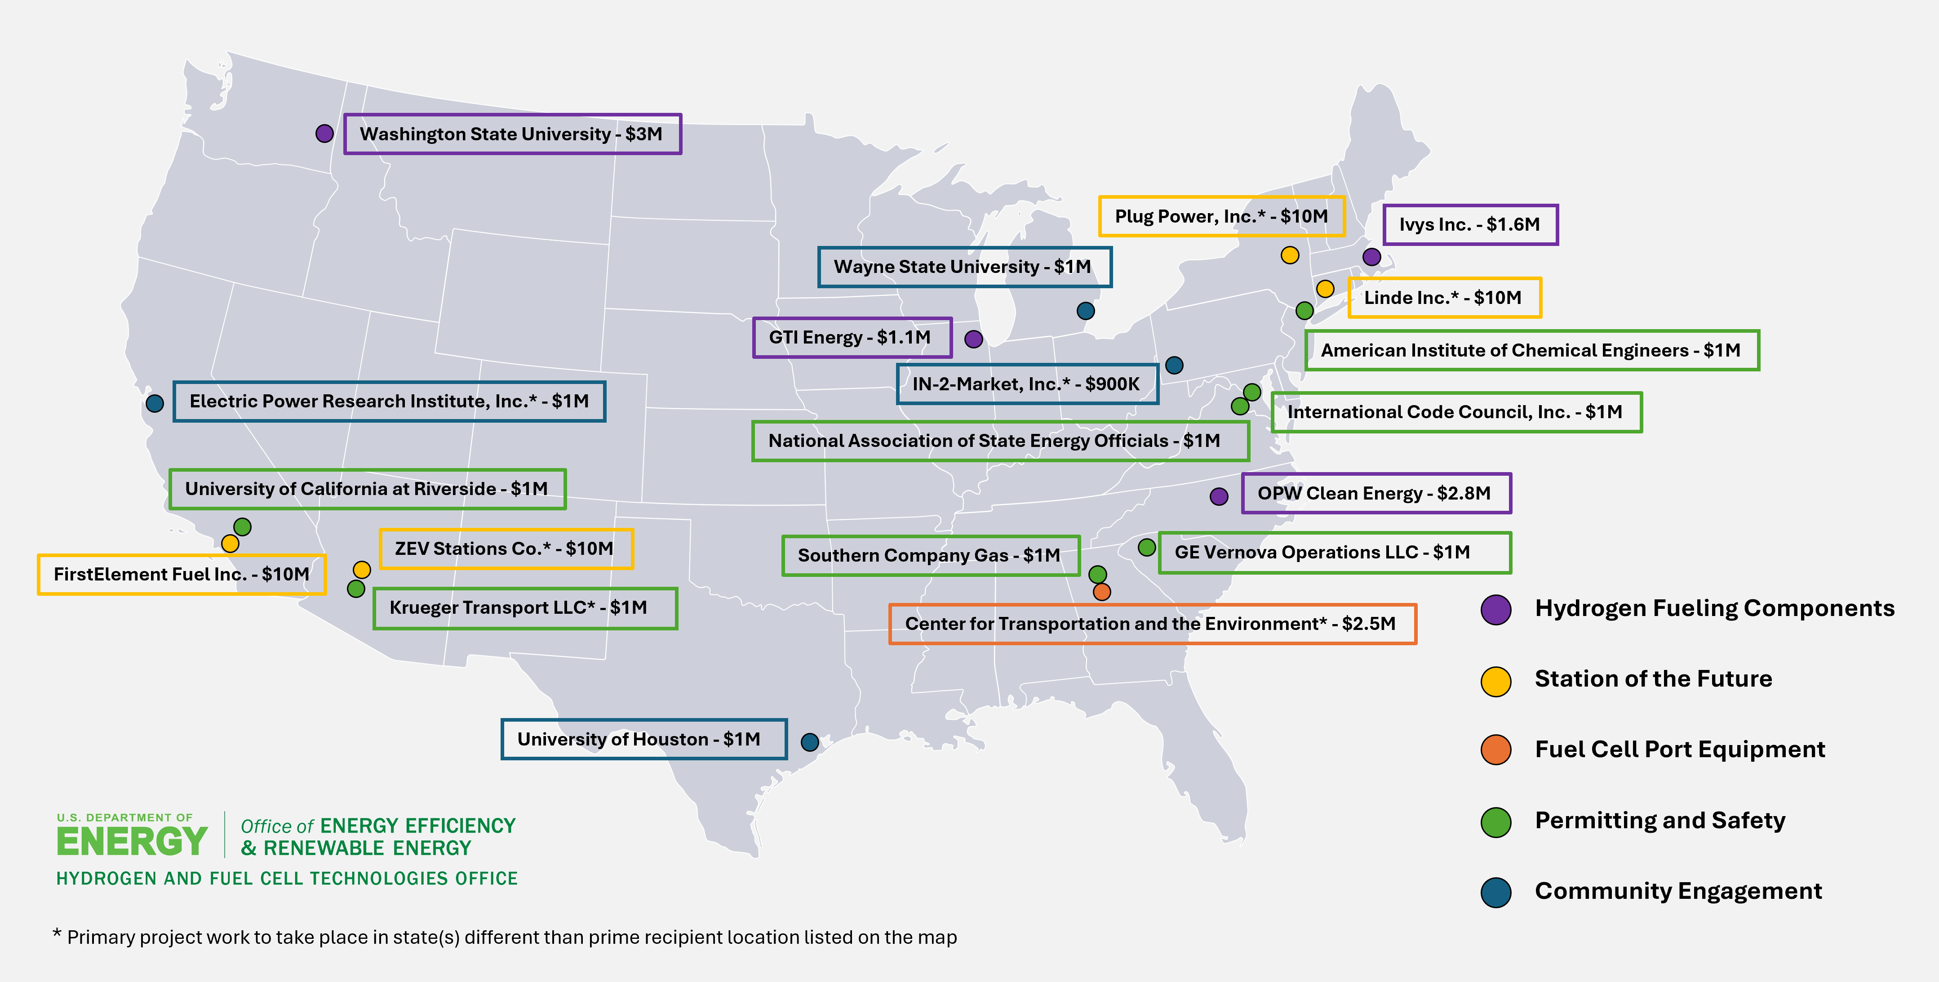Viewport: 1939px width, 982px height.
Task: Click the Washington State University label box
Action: pyautogui.click(x=512, y=134)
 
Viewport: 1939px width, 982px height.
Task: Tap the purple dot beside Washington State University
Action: pyautogui.click(x=324, y=133)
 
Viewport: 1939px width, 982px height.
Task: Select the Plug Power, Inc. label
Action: pyautogui.click(x=1221, y=216)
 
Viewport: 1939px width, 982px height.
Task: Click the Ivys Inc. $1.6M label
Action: pyautogui.click(x=1469, y=224)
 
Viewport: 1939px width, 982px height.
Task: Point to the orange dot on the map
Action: pyautogui.click(x=1101, y=592)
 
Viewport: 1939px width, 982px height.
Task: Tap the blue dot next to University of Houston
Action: pyautogui.click(x=809, y=742)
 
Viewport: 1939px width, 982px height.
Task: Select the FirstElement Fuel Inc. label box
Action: pyautogui.click(x=182, y=575)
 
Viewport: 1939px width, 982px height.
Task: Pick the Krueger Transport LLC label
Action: pyautogui.click(x=525, y=608)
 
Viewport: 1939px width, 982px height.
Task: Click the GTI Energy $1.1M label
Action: pyautogui.click(x=852, y=337)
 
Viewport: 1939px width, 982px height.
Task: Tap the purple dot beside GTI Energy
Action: pyautogui.click(x=973, y=339)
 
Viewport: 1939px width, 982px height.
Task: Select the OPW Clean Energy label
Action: pyautogui.click(x=1375, y=493)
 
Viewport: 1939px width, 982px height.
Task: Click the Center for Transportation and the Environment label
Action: pyautogui.click(x=1152, y=624)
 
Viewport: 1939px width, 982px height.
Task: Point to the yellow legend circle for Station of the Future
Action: pyautogui.click(x=1495, y=681)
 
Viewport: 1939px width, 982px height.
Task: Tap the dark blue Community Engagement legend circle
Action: pyautogui.click(x=1495, y=893)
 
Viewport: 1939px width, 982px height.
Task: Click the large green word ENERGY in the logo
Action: pyautogui.click(x=132, y=841)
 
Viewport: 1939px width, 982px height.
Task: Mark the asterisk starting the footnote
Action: pyautogui.click(x=57, y=934)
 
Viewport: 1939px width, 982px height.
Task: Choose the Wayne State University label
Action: pyautogui.click(x=963, y=267)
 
